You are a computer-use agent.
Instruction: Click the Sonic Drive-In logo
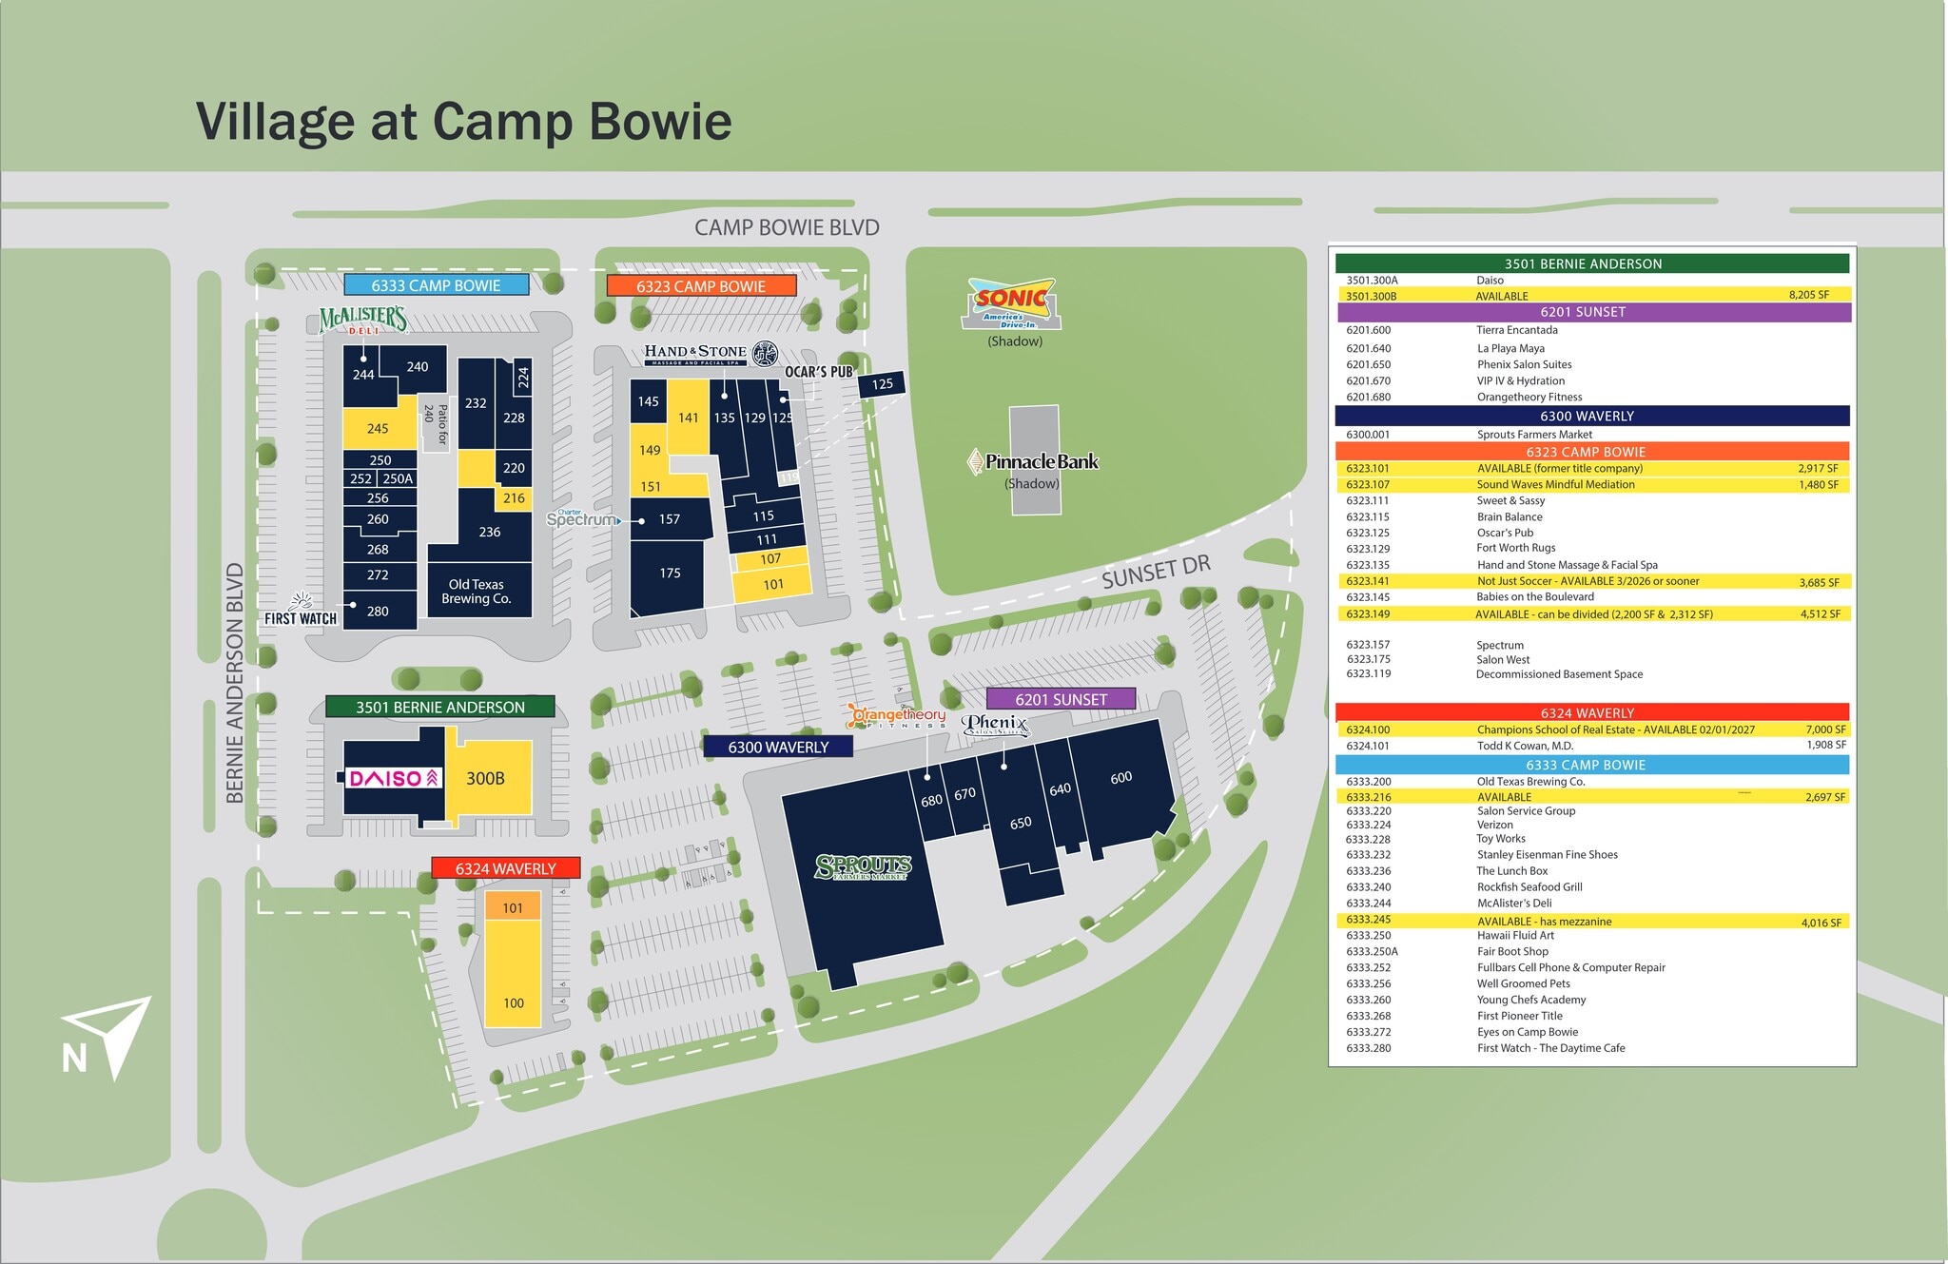1014,303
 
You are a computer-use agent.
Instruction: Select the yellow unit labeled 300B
487,778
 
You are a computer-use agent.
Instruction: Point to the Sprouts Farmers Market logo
863,866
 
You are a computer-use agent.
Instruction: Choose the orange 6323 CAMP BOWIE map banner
701,285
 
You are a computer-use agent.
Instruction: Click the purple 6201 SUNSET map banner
1061,699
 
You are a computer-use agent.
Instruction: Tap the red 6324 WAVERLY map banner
505,868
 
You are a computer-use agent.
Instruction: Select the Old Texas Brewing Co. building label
477,592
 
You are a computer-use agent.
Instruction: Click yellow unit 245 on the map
379,428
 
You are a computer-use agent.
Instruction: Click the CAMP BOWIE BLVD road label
787,227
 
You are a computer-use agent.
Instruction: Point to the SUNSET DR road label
1156,572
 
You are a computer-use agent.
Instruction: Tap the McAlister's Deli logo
363,321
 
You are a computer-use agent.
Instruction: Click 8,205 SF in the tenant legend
1808,295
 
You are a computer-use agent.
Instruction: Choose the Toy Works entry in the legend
1501,839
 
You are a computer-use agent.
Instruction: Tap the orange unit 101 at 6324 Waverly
513,906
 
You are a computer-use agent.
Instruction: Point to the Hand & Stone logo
710,354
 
